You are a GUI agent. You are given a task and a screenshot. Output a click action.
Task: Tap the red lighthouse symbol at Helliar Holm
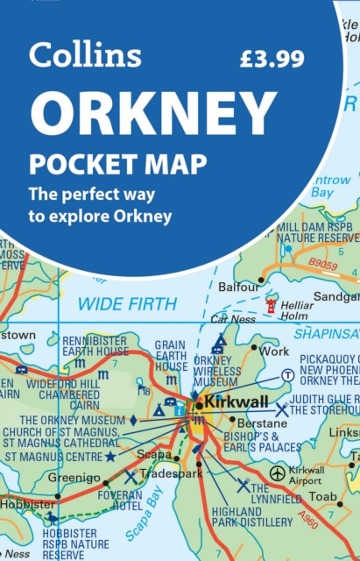[x=271, y=305]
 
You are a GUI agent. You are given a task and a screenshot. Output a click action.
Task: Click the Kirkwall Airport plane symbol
[x=278, y=472]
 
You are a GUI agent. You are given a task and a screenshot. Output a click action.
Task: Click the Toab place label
[x=323, y=496]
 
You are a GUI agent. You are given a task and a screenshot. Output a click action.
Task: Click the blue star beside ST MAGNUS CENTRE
[x=109, y=457]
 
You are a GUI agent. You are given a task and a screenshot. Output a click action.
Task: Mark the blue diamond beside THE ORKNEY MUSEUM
[x=133, y=420]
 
